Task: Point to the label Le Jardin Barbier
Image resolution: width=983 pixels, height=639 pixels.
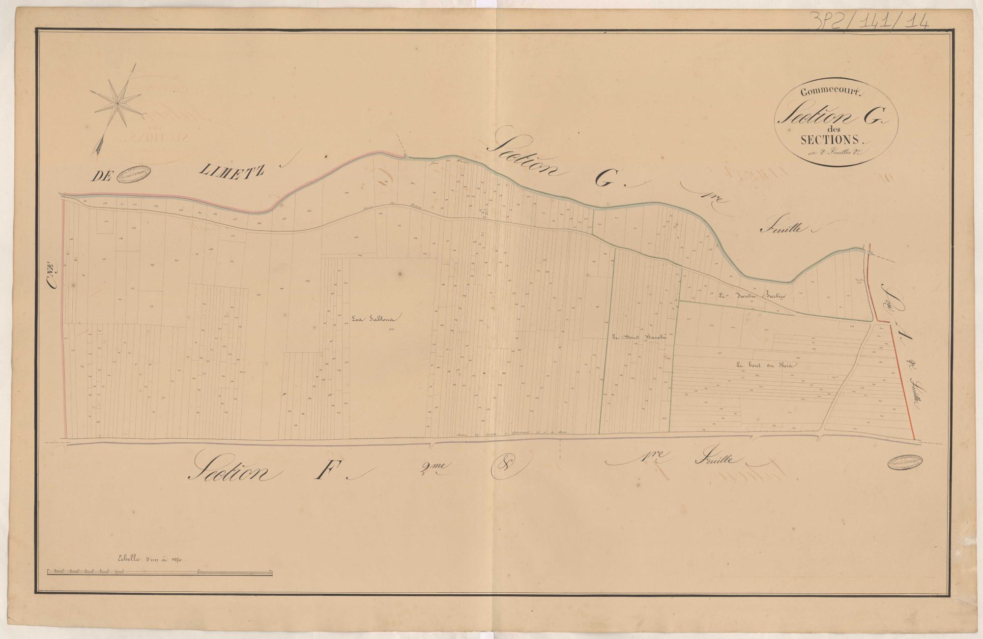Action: (752, 296)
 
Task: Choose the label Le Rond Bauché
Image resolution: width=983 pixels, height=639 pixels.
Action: (638, 337)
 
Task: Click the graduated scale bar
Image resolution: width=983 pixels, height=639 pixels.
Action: (160, 572)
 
